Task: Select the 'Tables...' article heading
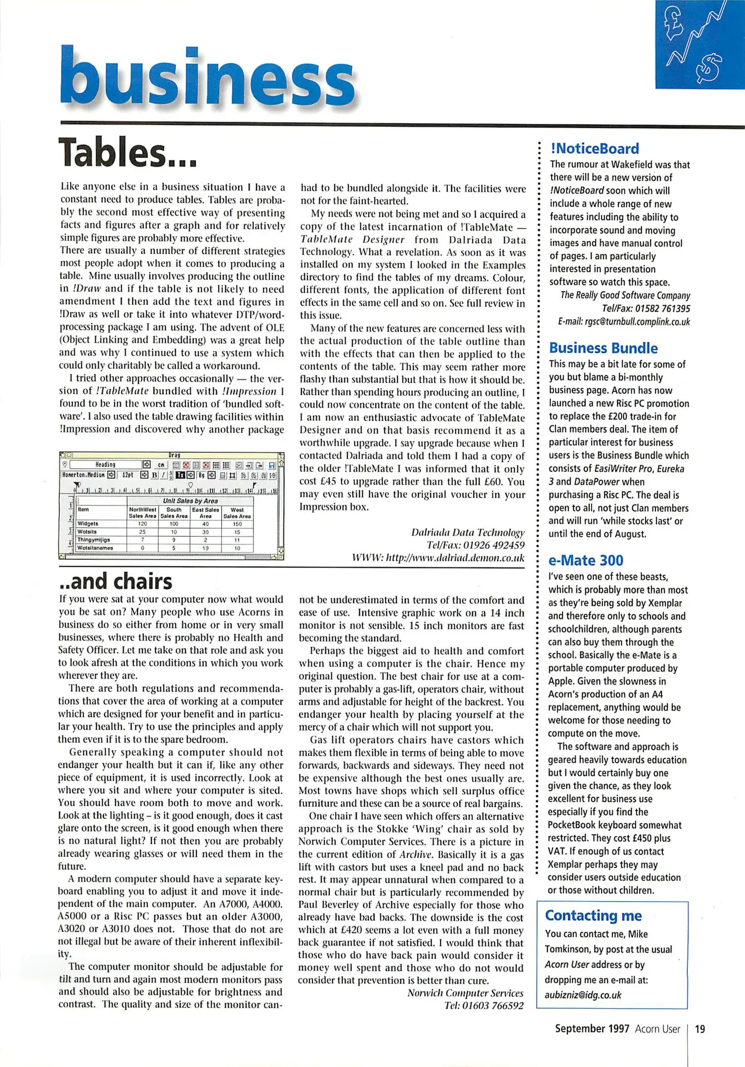click(128, 153)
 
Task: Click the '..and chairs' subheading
click(116, 581)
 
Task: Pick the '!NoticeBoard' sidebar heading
click(594, 149)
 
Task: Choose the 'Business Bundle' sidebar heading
click(603, 348)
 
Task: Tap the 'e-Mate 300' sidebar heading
click(585, 560)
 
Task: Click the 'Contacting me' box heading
click(593, 915)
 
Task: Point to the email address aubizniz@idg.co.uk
click(583, 995)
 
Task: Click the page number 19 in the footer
click(700, 1029)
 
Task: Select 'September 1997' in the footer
click(592, 1029)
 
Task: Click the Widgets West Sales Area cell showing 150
click(237, 524)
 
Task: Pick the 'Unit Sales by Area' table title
click(190, 501)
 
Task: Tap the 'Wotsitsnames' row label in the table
click(95, 548)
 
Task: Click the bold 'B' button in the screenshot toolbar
click(154, 475)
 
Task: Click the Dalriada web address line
click(438, 558)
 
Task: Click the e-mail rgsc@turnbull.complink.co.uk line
click(623, 322)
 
